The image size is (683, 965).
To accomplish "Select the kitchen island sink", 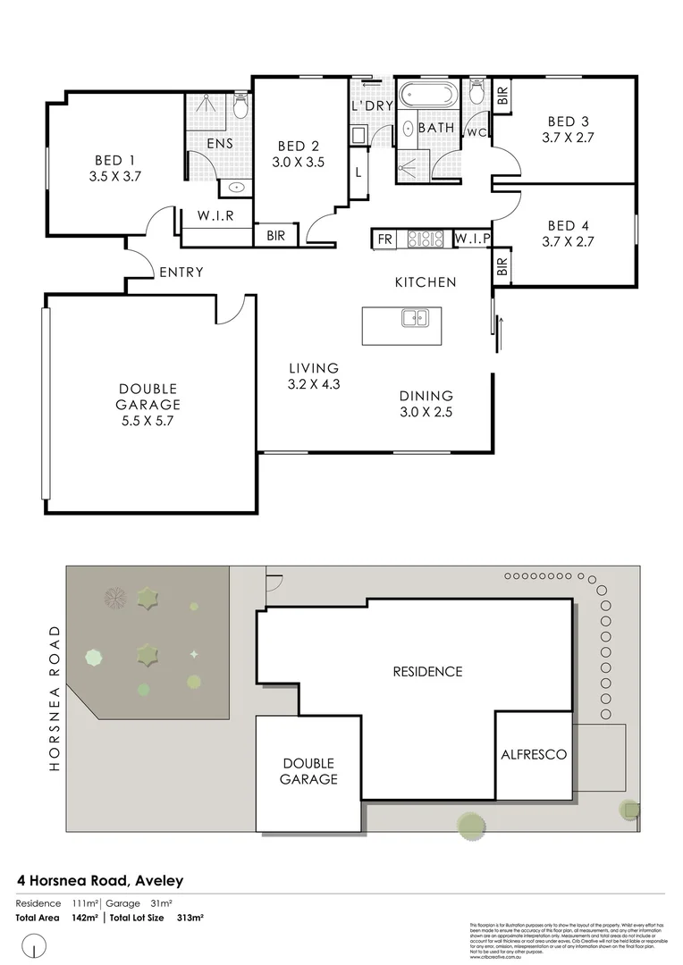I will [x=415, y=317].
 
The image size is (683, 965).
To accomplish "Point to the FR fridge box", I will [x=384, y=239].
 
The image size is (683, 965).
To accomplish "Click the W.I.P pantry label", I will [x=470, y=239].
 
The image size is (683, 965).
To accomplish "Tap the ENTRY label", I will [x=181, y=273].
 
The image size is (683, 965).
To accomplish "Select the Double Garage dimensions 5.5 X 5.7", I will [x=148, y=420].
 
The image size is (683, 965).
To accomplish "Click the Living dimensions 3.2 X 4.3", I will [x=313, y=383].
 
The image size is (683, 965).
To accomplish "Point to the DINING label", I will [x=426, y=396].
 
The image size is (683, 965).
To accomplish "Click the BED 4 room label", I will [x=568, y=225].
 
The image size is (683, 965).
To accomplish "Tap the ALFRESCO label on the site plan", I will [x=533, y=754].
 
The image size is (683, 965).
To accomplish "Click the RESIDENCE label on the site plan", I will [x=427, y=671].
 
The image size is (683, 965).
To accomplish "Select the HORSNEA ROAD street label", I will [x=55, y=698].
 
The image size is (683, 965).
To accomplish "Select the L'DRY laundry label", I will [x=372, y=105].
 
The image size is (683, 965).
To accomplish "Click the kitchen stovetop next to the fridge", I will [x=426, y=239].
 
